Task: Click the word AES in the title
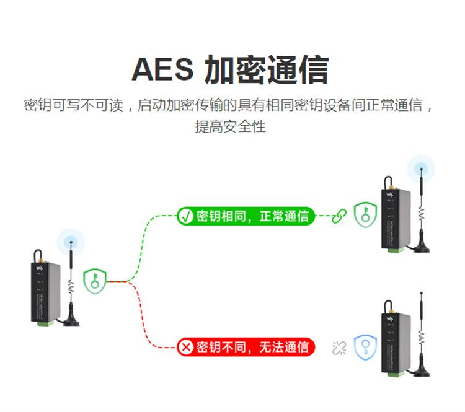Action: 162,69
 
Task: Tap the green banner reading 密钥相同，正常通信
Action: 246,216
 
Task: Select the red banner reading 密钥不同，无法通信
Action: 246,347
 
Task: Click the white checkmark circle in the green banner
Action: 185,216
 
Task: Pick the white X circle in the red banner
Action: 185,347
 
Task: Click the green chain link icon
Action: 339,216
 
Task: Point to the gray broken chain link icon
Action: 339,348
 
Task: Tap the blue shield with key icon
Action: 365,348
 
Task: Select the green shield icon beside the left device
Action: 95,281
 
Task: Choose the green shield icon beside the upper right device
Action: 365,215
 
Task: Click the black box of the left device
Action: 45,292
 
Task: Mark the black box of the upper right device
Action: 396,219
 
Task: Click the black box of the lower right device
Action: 396,343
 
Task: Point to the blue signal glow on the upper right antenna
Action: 421,169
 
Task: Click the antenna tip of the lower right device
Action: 422,294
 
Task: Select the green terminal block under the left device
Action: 45,323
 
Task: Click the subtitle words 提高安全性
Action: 231,126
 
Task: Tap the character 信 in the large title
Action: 314,69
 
